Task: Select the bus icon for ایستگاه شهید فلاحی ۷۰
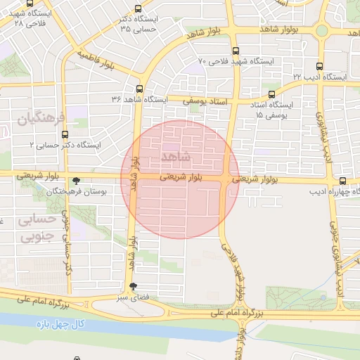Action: [235, 51]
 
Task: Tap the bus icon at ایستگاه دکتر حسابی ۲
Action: [65, 134]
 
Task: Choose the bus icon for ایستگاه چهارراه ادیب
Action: [342, 181]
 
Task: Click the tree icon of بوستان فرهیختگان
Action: [76, 181]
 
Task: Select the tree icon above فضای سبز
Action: [133, 286]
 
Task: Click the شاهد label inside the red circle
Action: [175, 155]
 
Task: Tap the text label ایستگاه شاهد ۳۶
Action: [140, 100]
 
